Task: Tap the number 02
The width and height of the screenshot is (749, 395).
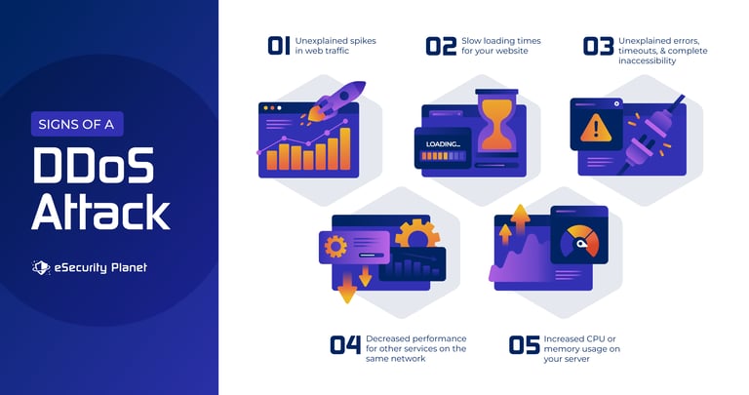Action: click(441, 46)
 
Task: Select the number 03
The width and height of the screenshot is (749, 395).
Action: click(598, 46)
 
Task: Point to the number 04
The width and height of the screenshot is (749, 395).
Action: click(345, 344)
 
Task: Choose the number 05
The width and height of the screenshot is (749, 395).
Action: click(524, 344)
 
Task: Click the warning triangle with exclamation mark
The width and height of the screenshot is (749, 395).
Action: click(594, 128)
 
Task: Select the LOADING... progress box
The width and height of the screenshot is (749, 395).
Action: click(443, 148)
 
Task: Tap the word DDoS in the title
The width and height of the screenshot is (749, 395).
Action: click(94, 167)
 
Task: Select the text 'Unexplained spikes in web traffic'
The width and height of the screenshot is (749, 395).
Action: click(338, 46)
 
